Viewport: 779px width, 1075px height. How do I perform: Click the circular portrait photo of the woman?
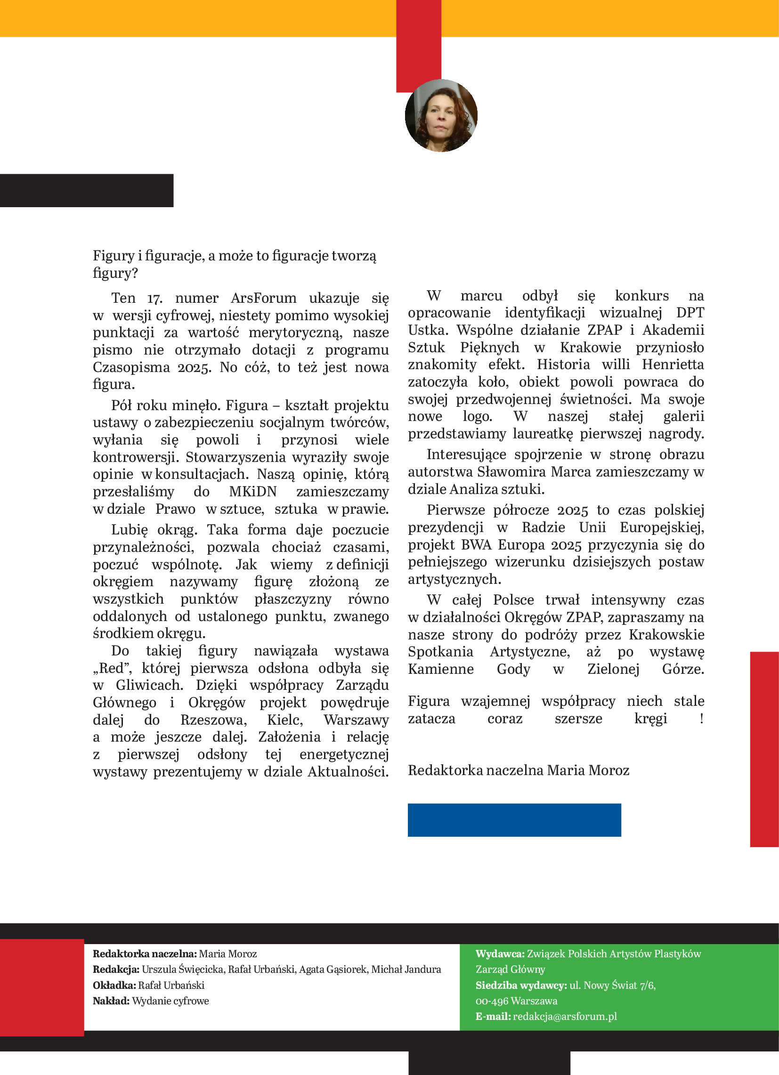coord(441,116)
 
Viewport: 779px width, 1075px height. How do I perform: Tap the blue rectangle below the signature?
coord(514,820)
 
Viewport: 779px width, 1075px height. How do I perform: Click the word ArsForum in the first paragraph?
coord(264,298)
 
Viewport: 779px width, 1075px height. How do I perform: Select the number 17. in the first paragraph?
coord(154,298)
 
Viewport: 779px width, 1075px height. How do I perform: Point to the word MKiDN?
coord(253,492)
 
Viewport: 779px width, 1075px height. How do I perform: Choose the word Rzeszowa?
coord(213,720)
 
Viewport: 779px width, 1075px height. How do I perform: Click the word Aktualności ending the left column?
coord(348,772)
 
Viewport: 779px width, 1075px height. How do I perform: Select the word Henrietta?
coord(673,364)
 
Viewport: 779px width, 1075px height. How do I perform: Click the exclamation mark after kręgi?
coord(701,719)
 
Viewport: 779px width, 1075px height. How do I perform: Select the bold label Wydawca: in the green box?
coord(500,954)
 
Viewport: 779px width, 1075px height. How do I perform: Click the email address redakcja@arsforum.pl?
coord(565,1016)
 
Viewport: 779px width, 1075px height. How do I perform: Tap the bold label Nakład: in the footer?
coord(111,1001)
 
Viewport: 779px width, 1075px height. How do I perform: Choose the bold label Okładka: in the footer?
coord(114,985)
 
